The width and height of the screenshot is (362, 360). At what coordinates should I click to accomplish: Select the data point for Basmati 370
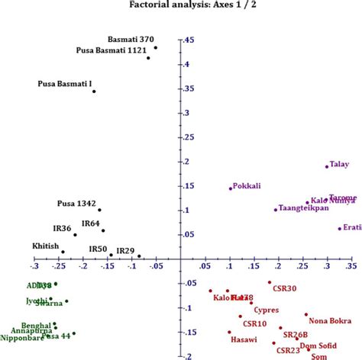click(x=155, y=48)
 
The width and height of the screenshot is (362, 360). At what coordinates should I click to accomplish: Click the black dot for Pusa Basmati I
click(x=94, y=92)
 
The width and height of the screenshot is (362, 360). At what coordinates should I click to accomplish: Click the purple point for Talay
click(x=327, y=166)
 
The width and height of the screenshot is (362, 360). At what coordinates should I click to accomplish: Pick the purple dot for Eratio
click(x=340, y=228)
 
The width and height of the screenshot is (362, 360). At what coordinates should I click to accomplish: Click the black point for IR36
click(x=75, y=235)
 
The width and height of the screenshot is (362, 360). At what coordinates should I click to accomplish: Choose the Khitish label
click(x=46, y=246)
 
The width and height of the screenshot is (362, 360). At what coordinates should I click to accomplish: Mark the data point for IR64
click(x=103, y=230)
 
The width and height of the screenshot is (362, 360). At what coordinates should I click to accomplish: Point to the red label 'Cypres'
click(x=267, y=310)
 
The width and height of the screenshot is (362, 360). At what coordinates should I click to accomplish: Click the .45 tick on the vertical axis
click(x=188, y=40)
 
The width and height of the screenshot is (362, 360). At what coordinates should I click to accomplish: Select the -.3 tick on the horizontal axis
click(x=34, y=267)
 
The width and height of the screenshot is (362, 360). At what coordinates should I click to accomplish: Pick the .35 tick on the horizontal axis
click(x=351, y=267)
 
